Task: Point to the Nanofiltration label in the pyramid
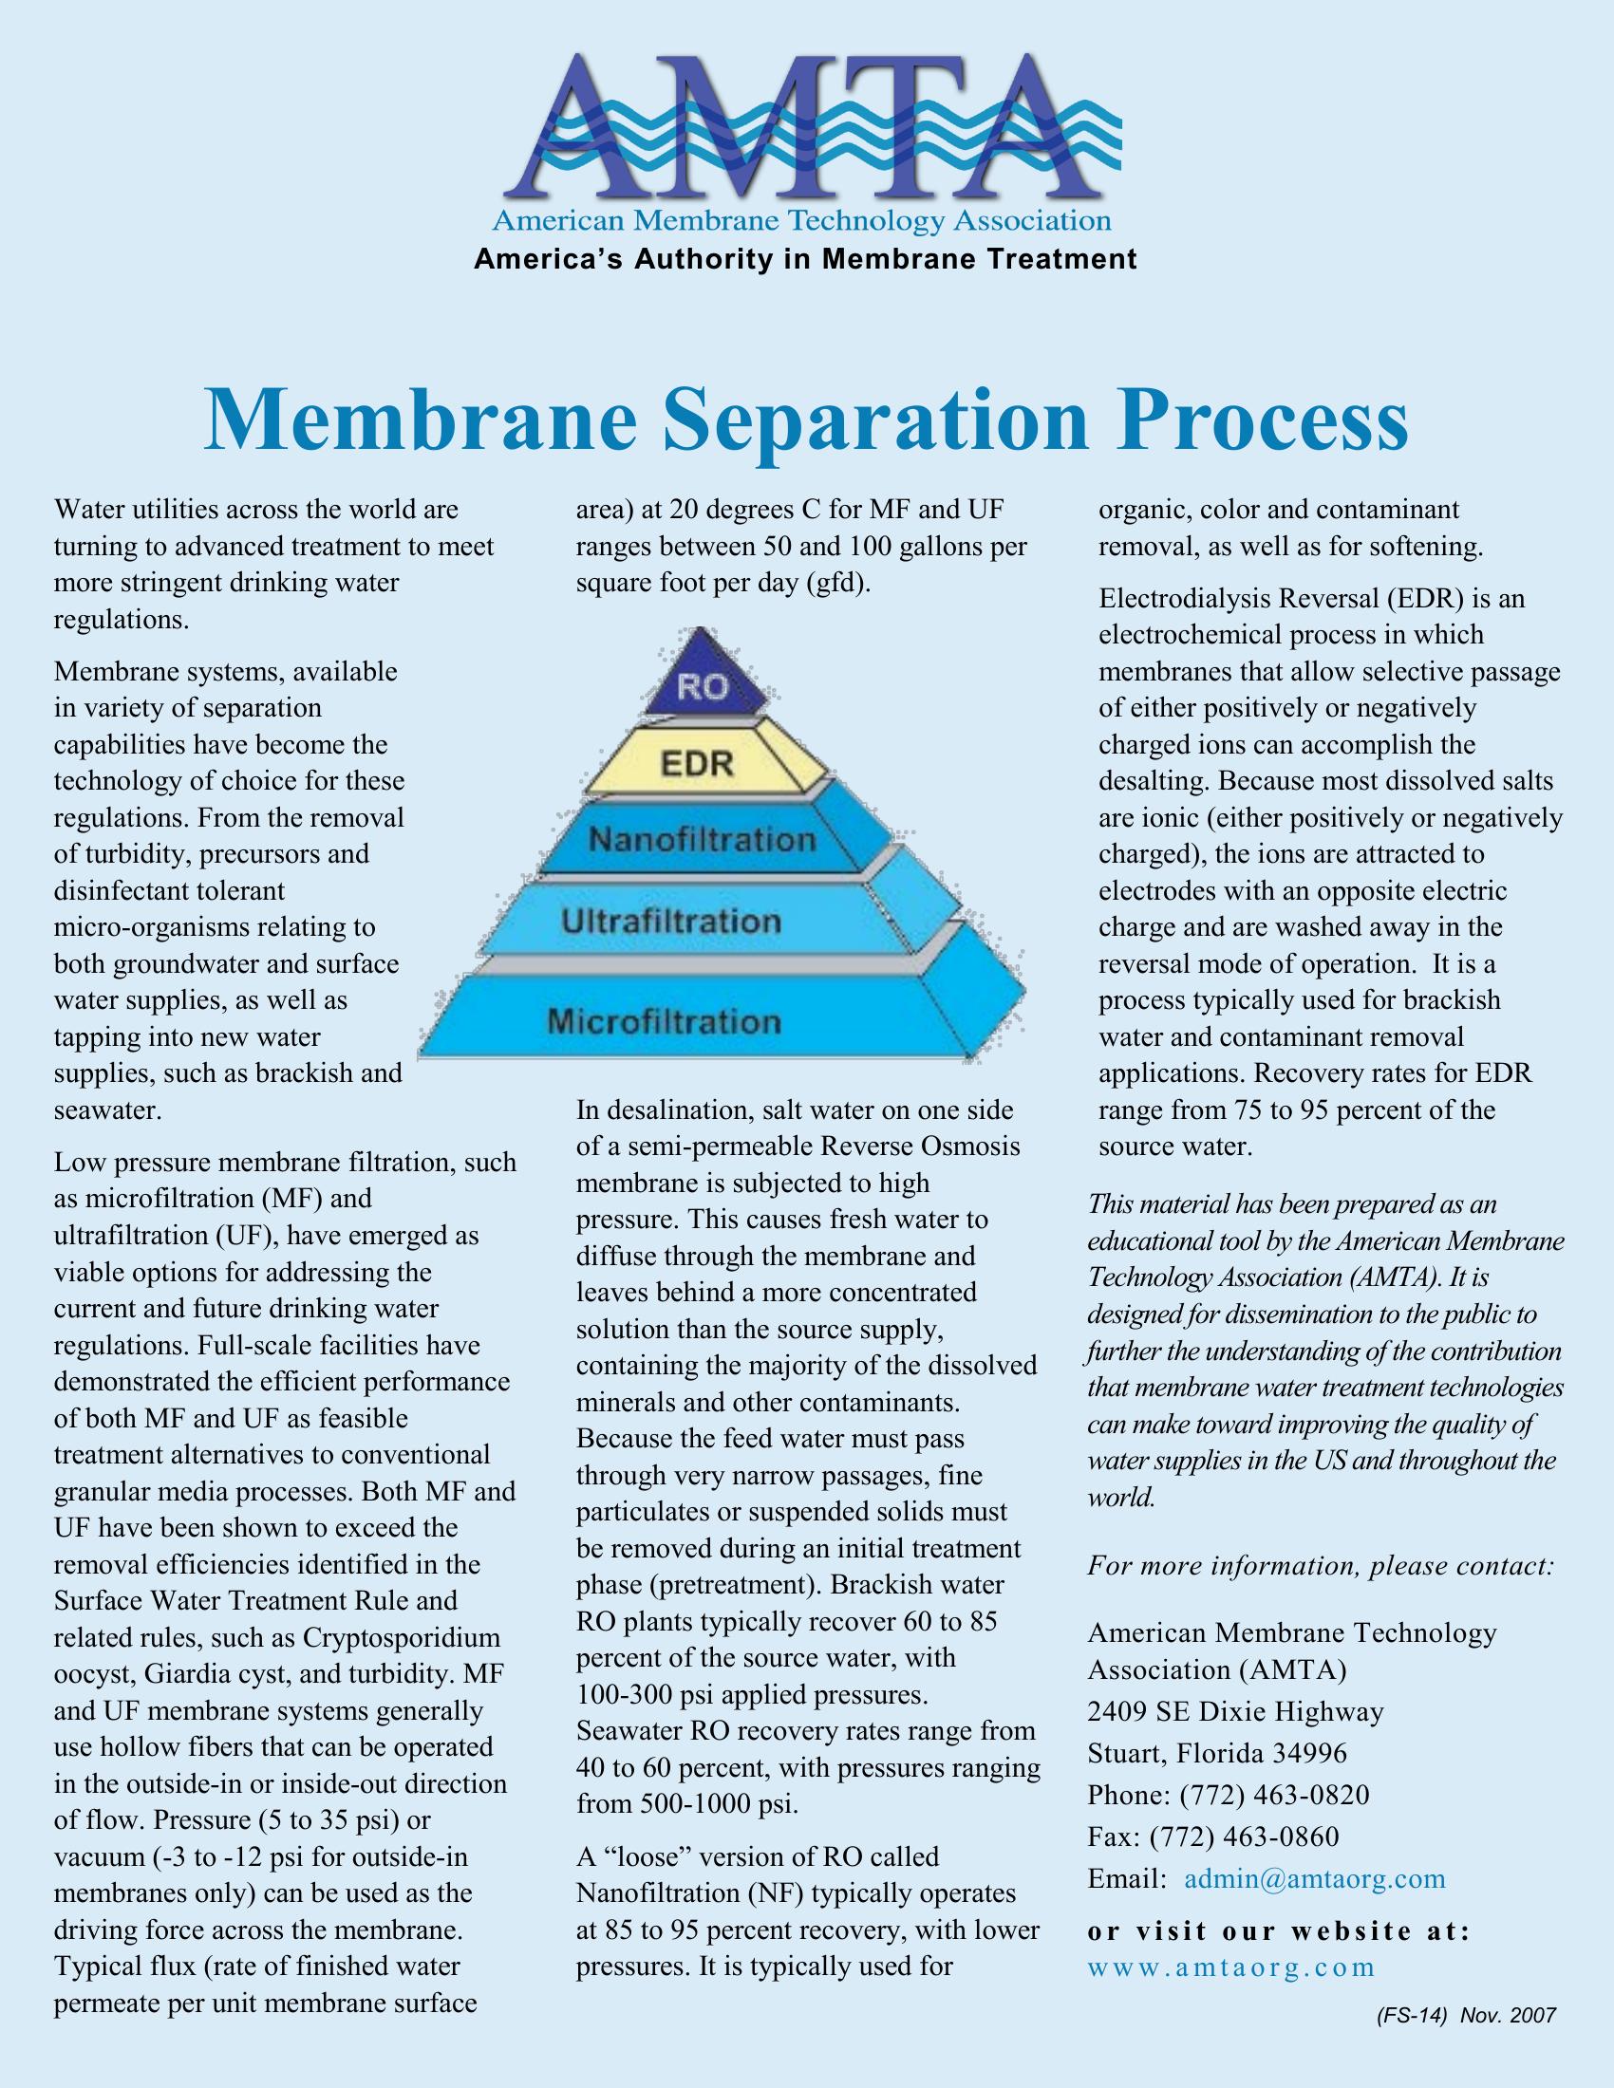tap(702, 839)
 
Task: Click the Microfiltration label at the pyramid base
tap(664, 1021)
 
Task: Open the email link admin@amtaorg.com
tap(1315, 1877)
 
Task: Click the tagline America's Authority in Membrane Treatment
tap(805, 259)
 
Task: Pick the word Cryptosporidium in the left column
tap(402, 1638)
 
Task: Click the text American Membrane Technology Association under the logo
tap(801, 222)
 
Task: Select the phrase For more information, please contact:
tap(1321, 1566)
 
